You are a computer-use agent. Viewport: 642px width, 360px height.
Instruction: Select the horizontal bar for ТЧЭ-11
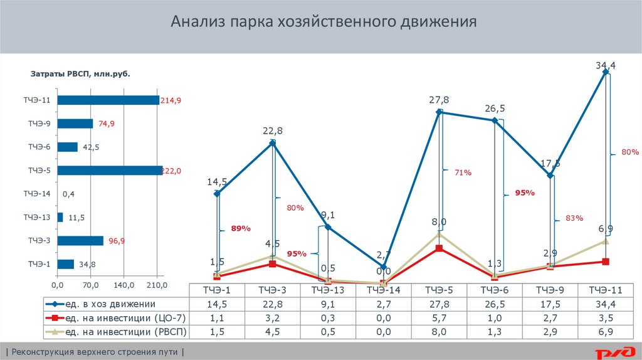[108, 100]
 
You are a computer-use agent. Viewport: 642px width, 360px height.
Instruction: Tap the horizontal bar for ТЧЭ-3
[80, 241]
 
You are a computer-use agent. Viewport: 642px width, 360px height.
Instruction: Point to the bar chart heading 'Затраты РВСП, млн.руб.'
[80, 74]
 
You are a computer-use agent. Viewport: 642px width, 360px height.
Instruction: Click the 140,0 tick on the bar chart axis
[124, 285]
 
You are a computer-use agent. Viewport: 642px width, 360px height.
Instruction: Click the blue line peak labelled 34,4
[606, 72]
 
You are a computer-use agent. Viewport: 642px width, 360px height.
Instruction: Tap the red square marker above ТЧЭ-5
[439, 248]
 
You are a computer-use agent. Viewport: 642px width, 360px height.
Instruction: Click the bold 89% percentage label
[241, 229]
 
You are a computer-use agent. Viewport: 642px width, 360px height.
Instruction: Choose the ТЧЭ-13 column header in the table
[327, 290]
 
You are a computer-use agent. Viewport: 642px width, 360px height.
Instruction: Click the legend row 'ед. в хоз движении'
[116, 304]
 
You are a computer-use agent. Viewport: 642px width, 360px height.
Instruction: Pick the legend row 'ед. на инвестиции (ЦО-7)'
[116, 318]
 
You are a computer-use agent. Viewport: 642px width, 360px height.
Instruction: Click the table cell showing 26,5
[495, 304]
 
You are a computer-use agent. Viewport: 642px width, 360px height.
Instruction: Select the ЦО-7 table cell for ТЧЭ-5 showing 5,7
[439, 318]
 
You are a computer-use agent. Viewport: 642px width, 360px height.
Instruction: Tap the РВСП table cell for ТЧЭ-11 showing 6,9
[606, 332]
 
